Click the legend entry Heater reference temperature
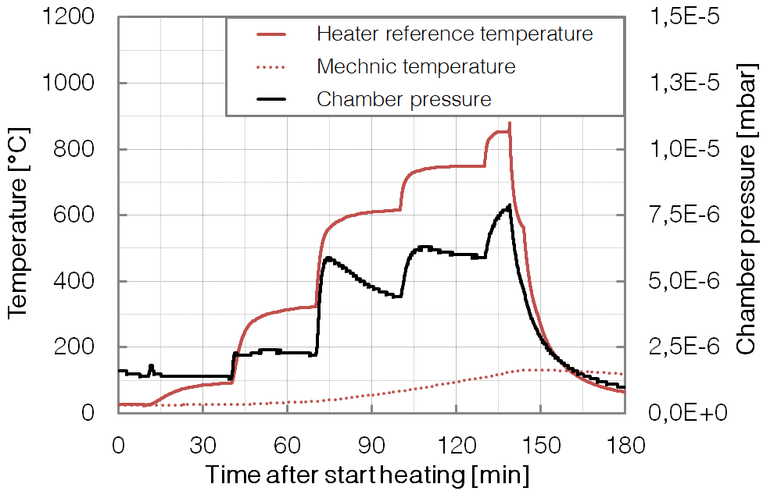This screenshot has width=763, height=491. coord(454,34)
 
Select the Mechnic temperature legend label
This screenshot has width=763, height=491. coord(416,67)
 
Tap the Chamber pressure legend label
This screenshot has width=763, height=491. coord(403,100)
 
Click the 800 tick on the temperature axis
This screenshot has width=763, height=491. coord(84,149)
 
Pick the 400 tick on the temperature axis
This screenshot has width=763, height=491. coord(84,281)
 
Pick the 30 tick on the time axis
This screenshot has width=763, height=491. coord(203,447)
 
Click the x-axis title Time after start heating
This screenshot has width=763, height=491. coord(367,475)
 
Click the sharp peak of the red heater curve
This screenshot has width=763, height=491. coord(510,123)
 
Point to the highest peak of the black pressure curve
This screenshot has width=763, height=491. coord(509,206)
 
